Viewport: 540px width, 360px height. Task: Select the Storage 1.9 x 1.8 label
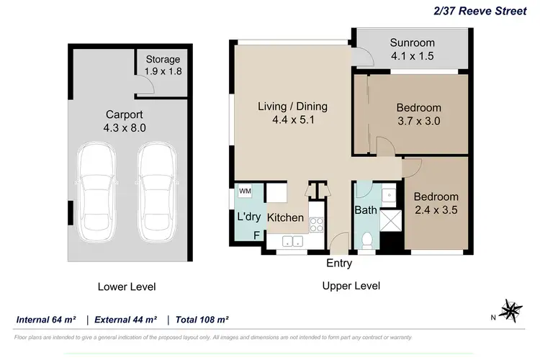tap(163, 65)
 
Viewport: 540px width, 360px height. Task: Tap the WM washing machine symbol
tap(245, 191)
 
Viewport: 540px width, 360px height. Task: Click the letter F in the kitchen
tap(256, 235)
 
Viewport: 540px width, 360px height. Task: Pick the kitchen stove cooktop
tap(317, 223)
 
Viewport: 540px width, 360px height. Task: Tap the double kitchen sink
tap(293, 241)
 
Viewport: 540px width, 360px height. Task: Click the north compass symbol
tap(513, 310)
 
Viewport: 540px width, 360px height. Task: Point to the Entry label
tap(339, 264)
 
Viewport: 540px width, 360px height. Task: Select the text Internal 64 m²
tap(47, 319)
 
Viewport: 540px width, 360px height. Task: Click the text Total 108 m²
tap(203, 319)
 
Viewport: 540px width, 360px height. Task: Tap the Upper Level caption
tap(351, 286)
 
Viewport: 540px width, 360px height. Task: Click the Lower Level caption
tap(126, 287)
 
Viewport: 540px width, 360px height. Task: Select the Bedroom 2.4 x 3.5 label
tap(436, 203)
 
